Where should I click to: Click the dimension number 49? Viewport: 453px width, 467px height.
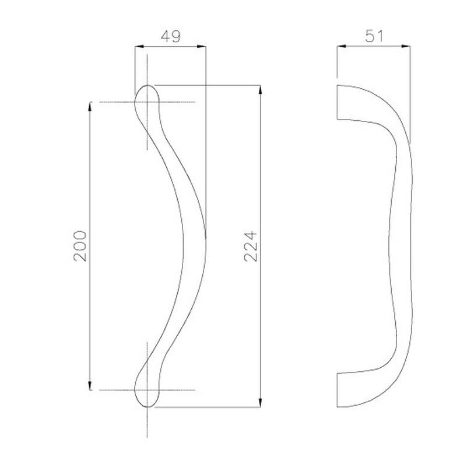click(170, 36)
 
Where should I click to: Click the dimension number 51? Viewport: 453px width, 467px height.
click(374, 36)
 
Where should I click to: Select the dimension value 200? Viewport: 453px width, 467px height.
click(80, 246)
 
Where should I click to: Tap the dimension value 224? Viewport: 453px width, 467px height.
click(250, 246)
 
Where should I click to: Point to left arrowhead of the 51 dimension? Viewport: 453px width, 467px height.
click(342, 46)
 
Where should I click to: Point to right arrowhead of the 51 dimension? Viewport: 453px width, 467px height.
click(406, 46)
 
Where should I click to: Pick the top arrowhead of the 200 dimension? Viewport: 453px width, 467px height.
click(90, 106)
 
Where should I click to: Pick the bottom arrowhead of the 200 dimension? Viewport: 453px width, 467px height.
click(90, 385)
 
